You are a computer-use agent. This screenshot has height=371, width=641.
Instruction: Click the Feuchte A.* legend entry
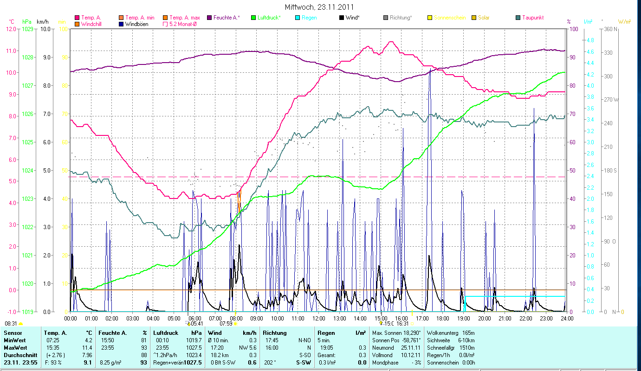pyautogui.click(x=227, y=18)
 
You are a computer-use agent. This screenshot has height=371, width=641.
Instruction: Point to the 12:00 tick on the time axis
pyautogui.click(x=318, y=319)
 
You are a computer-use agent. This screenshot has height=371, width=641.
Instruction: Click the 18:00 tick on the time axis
pyautogui.click(x=443, y=319)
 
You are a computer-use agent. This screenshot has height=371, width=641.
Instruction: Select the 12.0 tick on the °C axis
pyautogui.click(x=11, y=29)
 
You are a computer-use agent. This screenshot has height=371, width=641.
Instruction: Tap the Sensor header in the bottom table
pyautogui.click(x=13, y=333)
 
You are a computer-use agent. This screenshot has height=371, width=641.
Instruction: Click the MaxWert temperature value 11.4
pyautogui.click(x=87, y=348)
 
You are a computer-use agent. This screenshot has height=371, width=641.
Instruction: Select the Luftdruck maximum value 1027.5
pyautogui.click(x=193, y=348)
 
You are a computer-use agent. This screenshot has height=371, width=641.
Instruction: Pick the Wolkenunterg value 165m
pyautogui.click(x=469, y=333)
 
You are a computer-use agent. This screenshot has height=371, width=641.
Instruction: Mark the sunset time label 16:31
pyautogui.click(x=402, y=324)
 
